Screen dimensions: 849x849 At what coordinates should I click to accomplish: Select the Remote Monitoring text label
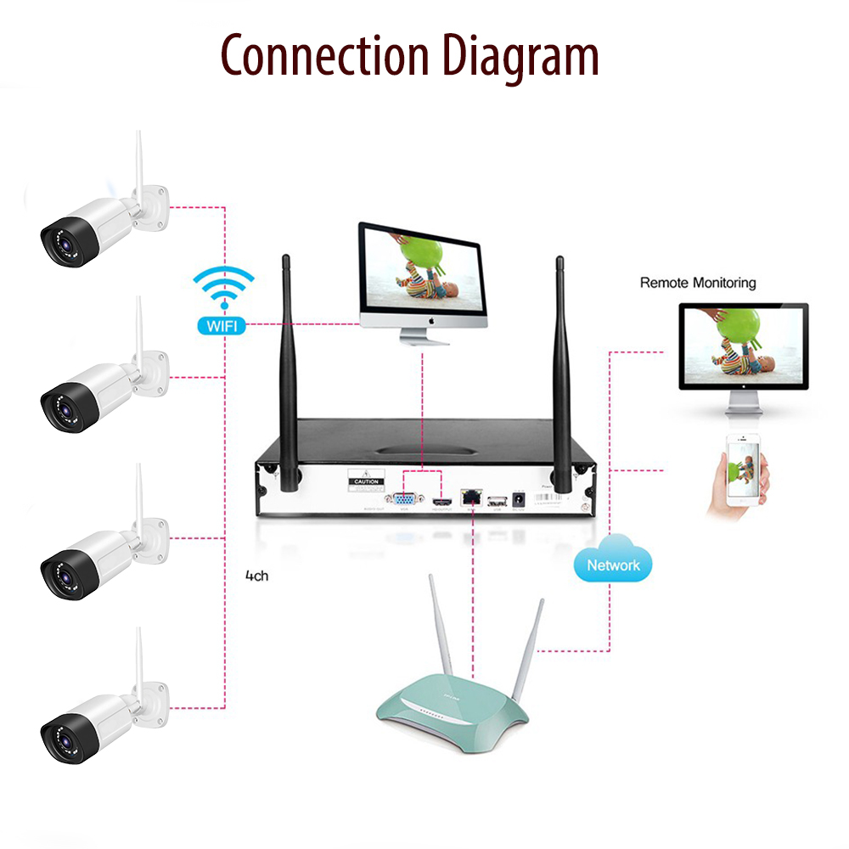(697, 283)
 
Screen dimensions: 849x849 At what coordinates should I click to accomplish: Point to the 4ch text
(256, 576)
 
